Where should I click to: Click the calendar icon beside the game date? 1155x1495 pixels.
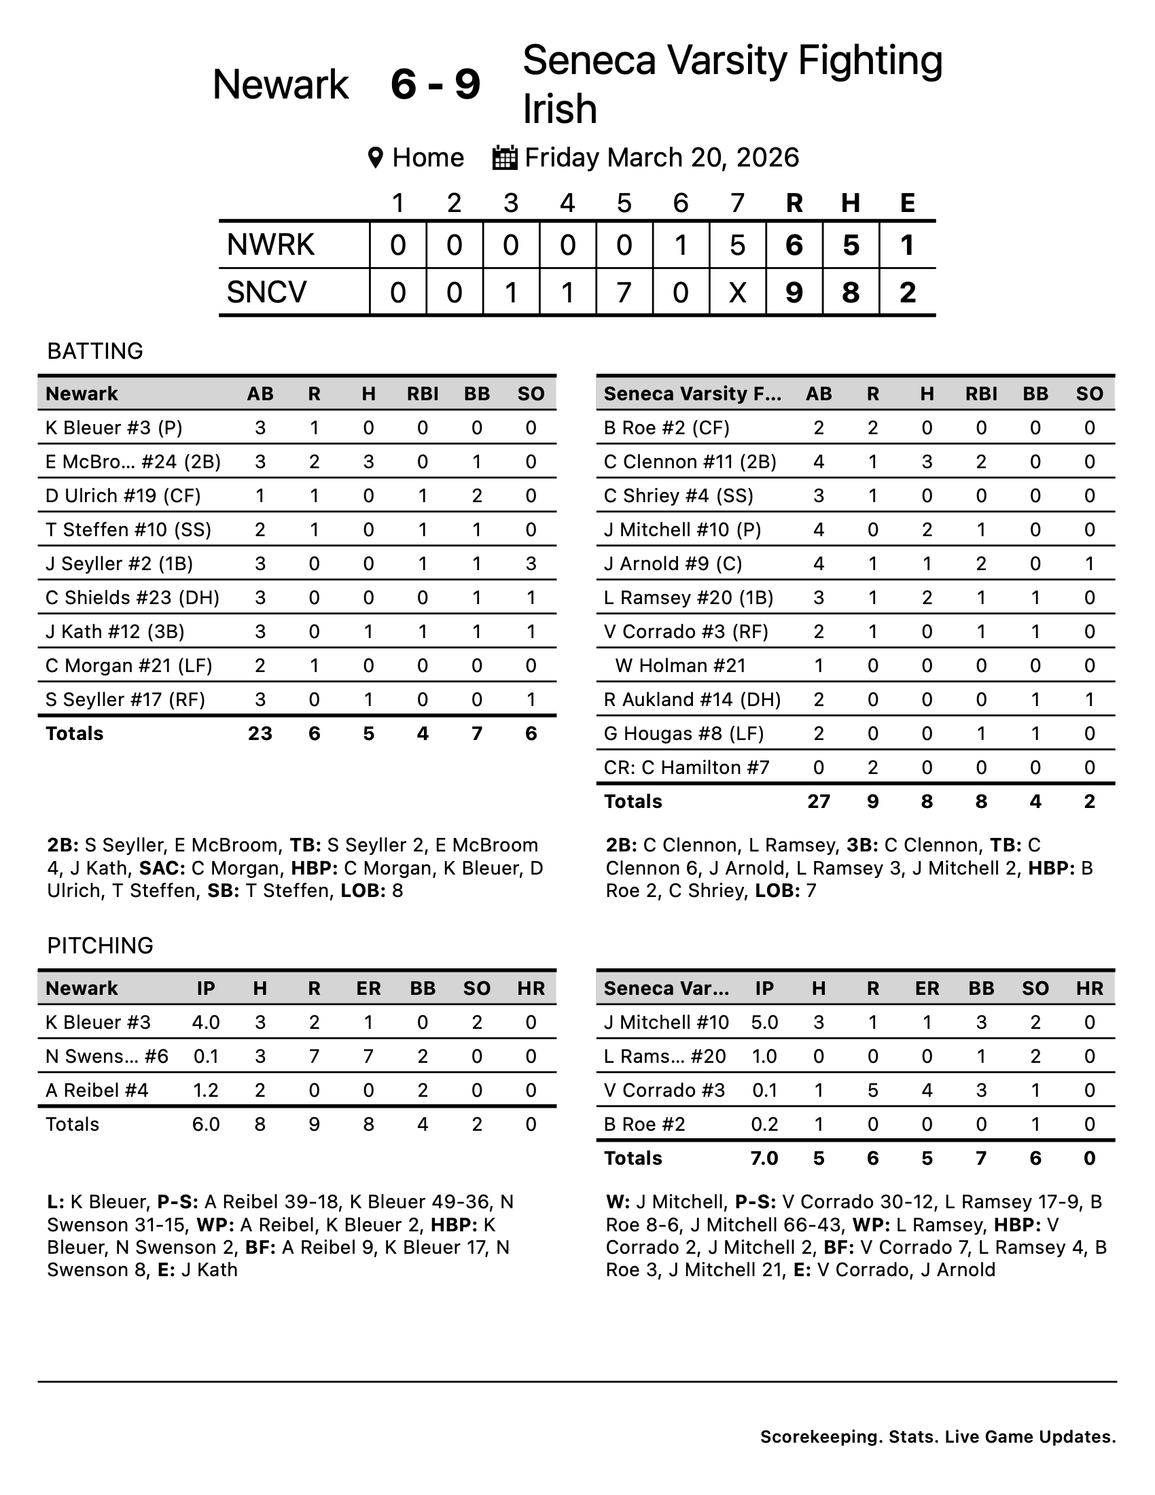click(x=505, y=158)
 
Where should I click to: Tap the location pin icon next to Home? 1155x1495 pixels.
click(x=375, y=158)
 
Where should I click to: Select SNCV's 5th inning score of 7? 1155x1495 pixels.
click(x=623, y=292)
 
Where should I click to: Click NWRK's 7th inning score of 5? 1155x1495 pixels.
click(x=737, y=245)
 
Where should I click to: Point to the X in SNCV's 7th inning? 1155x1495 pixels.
click(x=737, y=292)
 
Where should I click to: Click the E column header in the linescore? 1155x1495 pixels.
click(x=907, y=203)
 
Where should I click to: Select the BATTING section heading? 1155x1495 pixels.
click(x=95, y=351)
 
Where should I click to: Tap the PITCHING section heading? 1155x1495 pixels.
click(x=100, y=945)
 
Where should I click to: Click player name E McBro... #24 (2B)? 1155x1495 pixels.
click(x=132, y=462)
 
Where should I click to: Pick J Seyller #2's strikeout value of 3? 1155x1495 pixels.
click(x=531, y=564)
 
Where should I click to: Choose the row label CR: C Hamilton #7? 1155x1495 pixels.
click(x=686, y=768)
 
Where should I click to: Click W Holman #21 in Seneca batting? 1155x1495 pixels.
click(x=680, y=666)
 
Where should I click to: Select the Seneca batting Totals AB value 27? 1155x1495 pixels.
click(x=819, y=802)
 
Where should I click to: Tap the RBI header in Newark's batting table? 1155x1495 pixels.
click(x=423, y=394)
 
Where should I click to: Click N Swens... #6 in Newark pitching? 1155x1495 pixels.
click(x=107, y=1056)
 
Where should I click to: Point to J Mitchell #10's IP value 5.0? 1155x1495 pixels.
click(x=764, y=1023)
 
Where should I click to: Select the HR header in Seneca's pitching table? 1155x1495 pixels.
click(x=1089, y=989)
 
